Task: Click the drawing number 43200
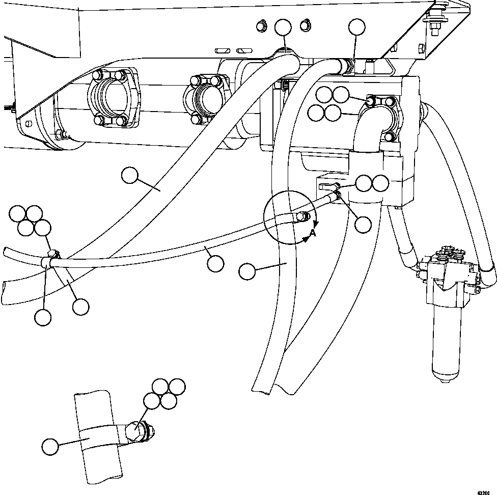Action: point(485,492)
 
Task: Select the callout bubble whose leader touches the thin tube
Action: point(216,263)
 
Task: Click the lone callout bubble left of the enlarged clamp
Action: point(50,447)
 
